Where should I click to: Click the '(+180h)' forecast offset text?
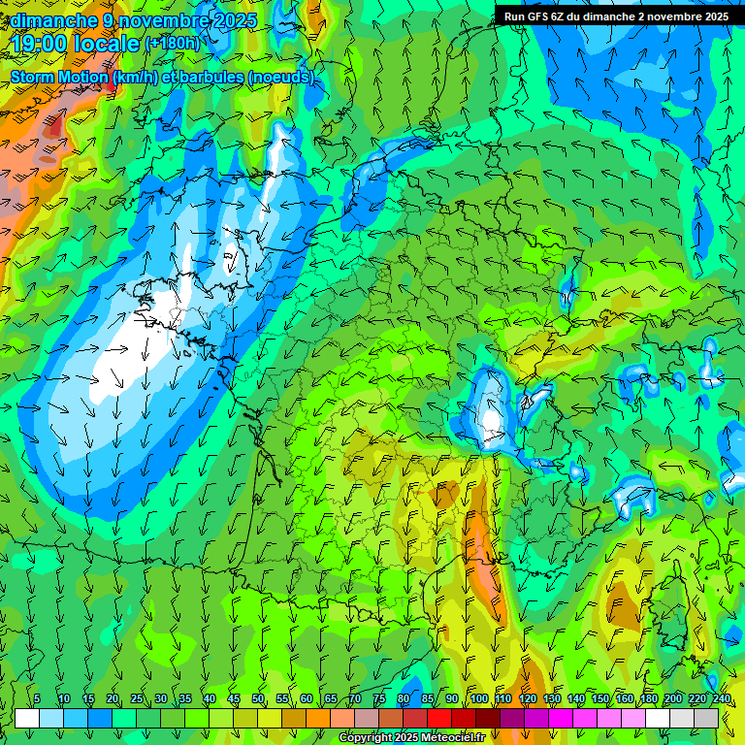point(172,44)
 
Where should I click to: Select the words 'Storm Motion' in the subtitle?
point(58,77)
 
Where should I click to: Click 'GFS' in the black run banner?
point(535,16)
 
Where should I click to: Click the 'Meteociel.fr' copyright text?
point(450,738)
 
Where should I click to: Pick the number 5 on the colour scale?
point(37,699)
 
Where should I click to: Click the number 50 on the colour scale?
point(258,699)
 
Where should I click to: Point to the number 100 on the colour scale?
point(478,699)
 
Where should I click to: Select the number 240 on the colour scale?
point(721,699)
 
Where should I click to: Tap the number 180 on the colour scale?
point(648,699)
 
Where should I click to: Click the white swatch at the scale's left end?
point(27,718)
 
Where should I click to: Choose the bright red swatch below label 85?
point(439,718)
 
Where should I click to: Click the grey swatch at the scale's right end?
point(706,718)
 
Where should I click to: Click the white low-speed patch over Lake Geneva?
point(492,417)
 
